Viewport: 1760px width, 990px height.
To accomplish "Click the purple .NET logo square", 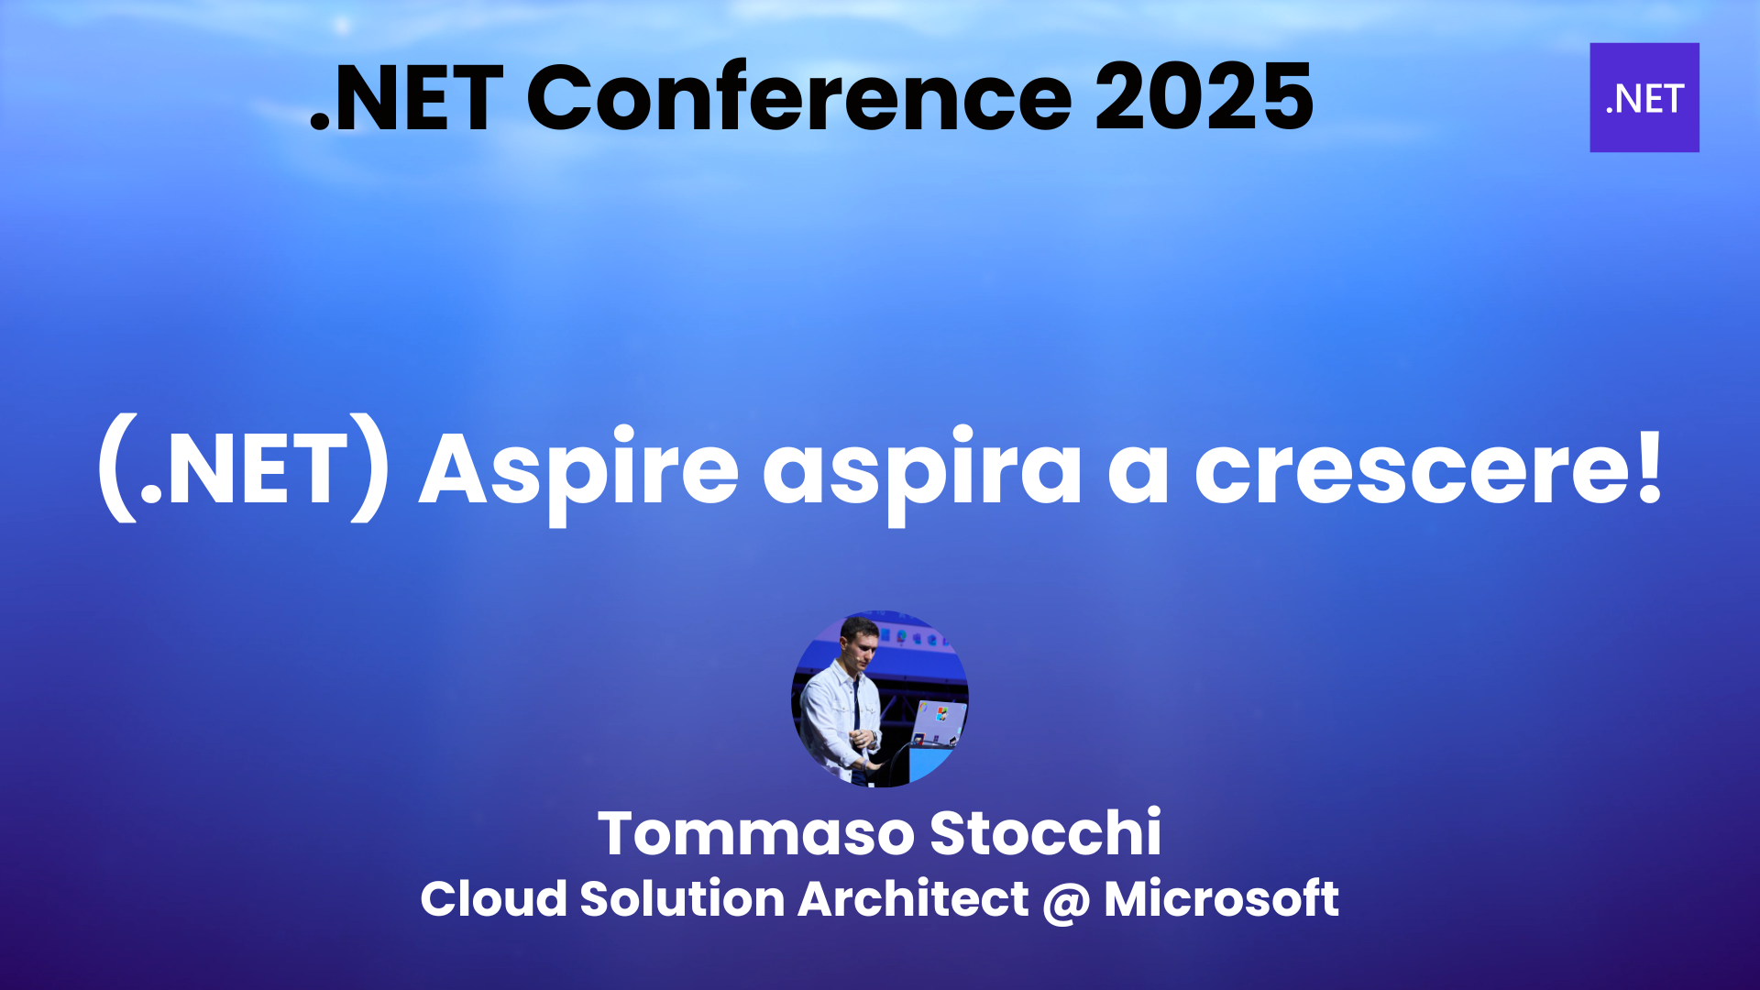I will coord(1644,97).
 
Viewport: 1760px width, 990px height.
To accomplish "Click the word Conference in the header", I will coord(798,97).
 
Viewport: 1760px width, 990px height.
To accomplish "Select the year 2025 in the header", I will coord(1204,97).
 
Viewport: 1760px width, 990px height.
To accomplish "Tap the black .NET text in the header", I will coord(407,99).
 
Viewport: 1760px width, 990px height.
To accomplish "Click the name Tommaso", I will coord(755,833).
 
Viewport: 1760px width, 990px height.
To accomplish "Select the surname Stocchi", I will coord(1045,833).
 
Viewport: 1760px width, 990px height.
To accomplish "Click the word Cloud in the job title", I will coord(493,898).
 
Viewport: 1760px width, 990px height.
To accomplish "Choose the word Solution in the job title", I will coord(682,898).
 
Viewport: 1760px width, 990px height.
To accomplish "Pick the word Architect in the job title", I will coord(913,898).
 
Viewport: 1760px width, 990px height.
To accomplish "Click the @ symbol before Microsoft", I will coord(1066,901).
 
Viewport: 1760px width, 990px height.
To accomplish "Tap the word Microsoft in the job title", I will coord(1221,898).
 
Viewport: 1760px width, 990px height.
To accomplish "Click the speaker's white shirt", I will coord(830,710).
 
